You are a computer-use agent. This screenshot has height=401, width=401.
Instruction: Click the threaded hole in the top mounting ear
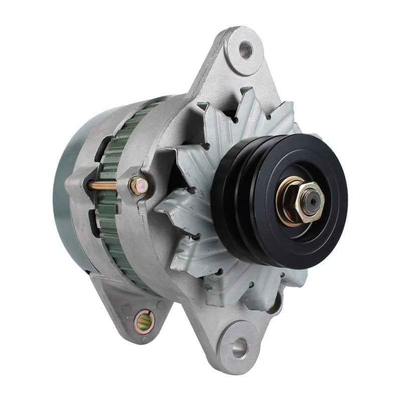point(246,49)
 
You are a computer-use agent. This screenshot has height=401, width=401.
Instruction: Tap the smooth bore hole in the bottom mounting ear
point(240,346)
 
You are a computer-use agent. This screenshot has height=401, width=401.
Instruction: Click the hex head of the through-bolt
point(138,186)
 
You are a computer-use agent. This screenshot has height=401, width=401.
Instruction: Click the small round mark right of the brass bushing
point(161,304)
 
